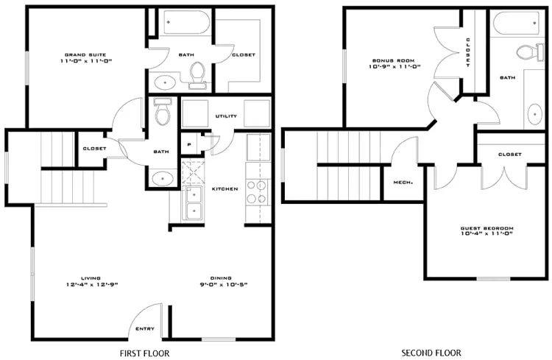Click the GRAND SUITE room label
pos(85,54)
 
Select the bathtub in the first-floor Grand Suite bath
pos(187,22)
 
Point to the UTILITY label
pos(226,116)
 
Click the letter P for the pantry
pos(189,144)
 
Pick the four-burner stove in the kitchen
pos(257,192)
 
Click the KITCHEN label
pos(225,188)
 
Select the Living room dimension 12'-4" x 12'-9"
pos(92,285)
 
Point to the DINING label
pos(221,278)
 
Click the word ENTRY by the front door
pos(145,328)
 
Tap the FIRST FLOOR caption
pos(145,353)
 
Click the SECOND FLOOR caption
pos(431,353)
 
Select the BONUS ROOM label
pos(394,60)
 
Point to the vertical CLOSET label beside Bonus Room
pos(468,52)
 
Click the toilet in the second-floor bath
pos(530,52)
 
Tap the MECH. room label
pos(403,183)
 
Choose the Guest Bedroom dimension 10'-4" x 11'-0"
pos(486,233)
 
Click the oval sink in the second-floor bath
pos(535,114)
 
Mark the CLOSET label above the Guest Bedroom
pos(510,155)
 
